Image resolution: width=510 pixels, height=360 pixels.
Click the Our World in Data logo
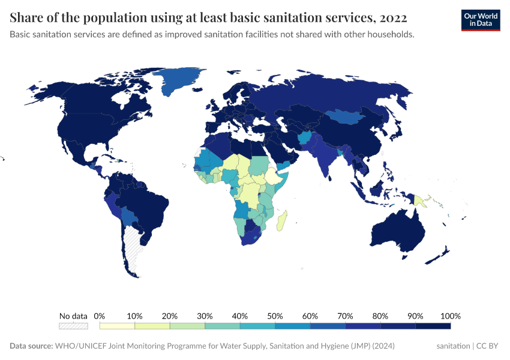tap(480, 20)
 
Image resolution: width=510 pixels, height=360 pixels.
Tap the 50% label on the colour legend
tap(275, 316)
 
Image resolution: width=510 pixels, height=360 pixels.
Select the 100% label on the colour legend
tap(450, 316)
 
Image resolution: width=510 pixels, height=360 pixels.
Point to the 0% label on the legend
tap(100, 316)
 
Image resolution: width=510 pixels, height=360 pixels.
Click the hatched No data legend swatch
tap(73, 326)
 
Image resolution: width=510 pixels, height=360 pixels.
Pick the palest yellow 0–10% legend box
tap(117, 326)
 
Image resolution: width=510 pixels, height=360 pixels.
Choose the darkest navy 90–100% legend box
tap(433, 326)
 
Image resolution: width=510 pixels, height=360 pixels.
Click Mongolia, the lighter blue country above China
tap(348, 116)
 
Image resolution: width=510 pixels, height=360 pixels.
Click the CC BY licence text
tap(489, 346)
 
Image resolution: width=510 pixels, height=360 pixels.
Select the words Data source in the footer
tap(31, 346)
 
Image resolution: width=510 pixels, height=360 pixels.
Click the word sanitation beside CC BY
tap(453, 346)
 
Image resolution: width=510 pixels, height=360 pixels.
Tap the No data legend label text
tap(73, 316)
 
